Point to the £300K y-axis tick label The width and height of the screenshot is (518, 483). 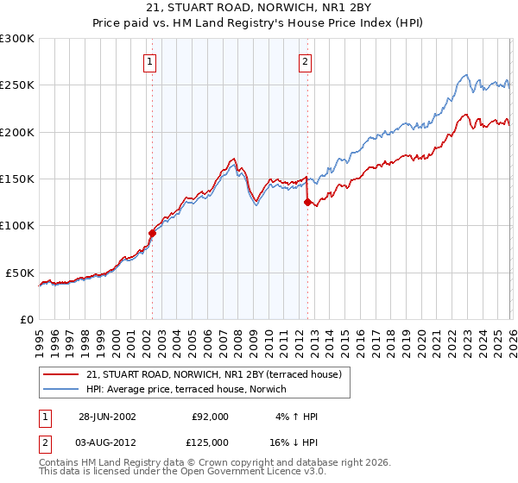coord(17,39)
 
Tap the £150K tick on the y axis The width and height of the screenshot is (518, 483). coord(17,179)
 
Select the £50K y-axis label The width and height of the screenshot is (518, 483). coord(20,273)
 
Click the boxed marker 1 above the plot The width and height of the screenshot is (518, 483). coord(150,61)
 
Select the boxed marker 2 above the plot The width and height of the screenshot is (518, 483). coord(306,61)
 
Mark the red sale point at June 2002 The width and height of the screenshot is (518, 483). coord(153,232)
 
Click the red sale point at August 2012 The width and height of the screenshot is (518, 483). coord(307,203)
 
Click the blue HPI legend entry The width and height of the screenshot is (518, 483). coord(190,388)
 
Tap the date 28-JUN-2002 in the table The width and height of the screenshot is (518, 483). coord(106,417)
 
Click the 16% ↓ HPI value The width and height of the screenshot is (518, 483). coord(294,442)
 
